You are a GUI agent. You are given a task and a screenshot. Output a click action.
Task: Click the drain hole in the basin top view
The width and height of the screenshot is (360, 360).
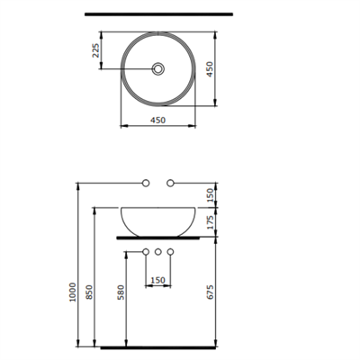point(157,67)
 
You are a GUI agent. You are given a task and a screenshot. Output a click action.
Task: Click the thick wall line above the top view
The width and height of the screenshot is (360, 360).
point(157,15)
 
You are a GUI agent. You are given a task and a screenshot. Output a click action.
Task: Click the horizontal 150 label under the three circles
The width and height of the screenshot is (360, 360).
point(157,280)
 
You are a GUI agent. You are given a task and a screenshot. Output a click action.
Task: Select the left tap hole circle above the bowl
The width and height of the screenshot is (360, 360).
point(146,184)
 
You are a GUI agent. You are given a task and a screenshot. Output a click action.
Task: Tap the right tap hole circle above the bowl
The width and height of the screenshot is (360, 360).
point(169,184)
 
